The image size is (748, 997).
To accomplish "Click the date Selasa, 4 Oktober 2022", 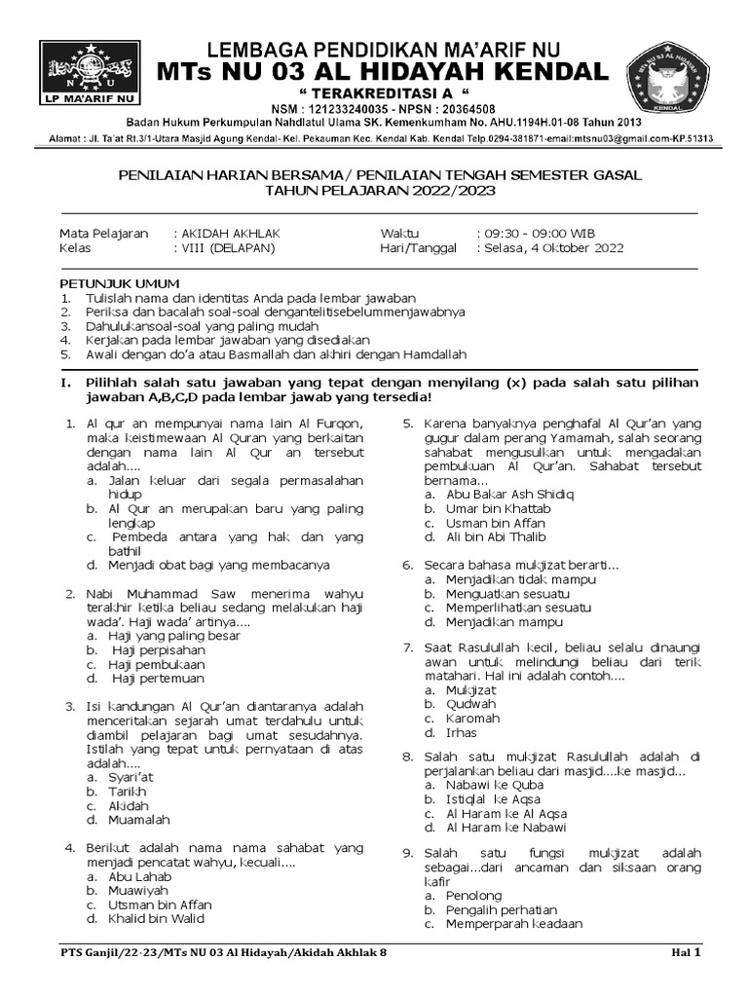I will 550,248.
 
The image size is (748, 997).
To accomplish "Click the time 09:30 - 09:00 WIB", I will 537,234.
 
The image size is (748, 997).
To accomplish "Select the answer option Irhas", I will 462,733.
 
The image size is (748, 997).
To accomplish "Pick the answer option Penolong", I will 473,895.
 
